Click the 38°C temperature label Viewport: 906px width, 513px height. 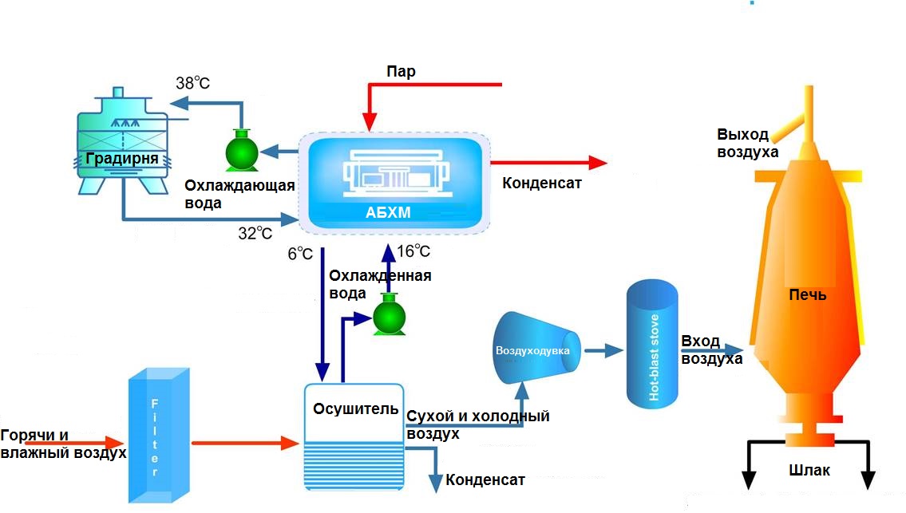tap(192, 82)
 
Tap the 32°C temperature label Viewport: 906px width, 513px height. tap(255, 233)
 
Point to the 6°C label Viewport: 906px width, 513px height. tap(300, 254)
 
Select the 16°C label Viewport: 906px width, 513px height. tap(413, 252)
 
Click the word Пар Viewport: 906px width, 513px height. tap(401, 72)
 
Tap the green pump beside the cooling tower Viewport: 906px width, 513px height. tap(241, 150)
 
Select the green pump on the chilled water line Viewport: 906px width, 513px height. tap(390, 314)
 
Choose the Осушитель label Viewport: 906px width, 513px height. tap(355, 409)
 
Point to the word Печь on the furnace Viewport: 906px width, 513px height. tap(807, 295)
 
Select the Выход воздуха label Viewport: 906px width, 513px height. tap(747, 143)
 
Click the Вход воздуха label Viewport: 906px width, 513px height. tap(711, 350)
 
